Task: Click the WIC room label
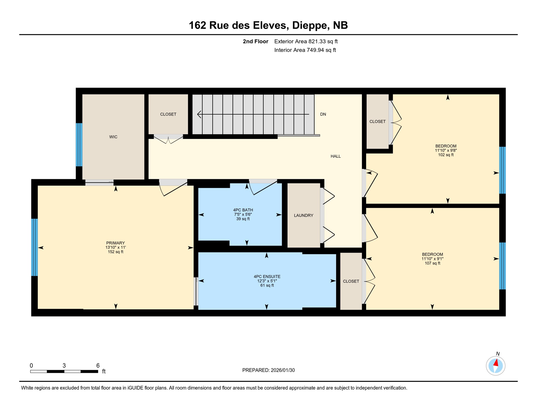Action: [113, 137]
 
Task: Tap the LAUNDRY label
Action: [303, 215]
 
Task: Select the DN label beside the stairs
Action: [323, 114]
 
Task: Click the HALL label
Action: [335, 156]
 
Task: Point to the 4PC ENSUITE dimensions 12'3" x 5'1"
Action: [267, 281]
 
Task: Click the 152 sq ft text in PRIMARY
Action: [115, 252]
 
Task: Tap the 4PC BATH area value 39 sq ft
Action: [243, 219]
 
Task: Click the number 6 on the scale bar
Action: [98, 366]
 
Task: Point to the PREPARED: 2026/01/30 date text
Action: [268, 370]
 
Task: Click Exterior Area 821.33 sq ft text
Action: [306, 41]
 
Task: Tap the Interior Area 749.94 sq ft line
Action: [305, 50]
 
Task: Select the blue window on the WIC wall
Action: [79, 145]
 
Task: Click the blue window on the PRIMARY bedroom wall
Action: [34, 247]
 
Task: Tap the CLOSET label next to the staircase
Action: [168, 114]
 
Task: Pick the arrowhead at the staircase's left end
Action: [199, 114]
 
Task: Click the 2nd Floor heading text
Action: [255, 41]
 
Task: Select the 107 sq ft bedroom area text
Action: [432, 263]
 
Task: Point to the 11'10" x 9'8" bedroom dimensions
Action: [445, 150]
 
